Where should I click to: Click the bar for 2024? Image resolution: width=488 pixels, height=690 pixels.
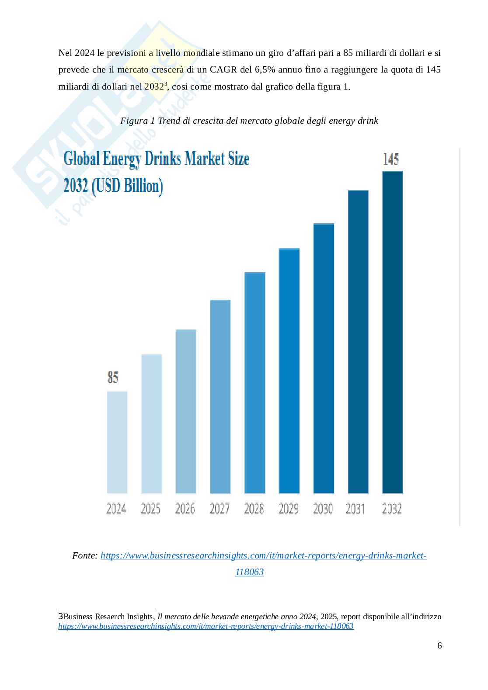coord(117,442)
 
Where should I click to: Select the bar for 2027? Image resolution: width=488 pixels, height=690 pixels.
coord(220,396)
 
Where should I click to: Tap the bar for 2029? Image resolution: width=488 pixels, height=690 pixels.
coord(289,371)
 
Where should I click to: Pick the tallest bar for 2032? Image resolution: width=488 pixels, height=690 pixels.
coord(392,332)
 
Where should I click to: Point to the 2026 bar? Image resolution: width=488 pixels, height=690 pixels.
coord(186,411)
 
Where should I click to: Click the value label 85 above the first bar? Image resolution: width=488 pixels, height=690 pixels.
coord(113,377)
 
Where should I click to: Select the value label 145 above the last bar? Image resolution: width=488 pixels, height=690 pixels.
coord(390,159)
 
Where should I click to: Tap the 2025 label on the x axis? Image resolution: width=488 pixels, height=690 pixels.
coord(151,509)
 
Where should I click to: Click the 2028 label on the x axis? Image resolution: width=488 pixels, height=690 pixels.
coord(254,509)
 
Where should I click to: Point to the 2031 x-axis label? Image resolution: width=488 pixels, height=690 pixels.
coord(355,509)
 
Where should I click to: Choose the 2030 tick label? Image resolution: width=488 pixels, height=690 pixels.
coord(323,509)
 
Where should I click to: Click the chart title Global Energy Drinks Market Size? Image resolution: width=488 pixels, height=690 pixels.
coord(156,159)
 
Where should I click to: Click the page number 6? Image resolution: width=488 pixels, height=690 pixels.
coord(439,645)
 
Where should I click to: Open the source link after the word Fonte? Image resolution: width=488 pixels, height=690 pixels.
coord(263,556)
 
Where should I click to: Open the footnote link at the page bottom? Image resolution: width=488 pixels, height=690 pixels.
coord(206,626)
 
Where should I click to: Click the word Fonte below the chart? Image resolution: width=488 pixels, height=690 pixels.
coord(85,556)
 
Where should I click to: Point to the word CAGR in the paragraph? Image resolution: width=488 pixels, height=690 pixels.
coord(224,70)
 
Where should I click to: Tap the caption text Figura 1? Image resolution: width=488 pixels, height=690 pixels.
coord(137,121)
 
